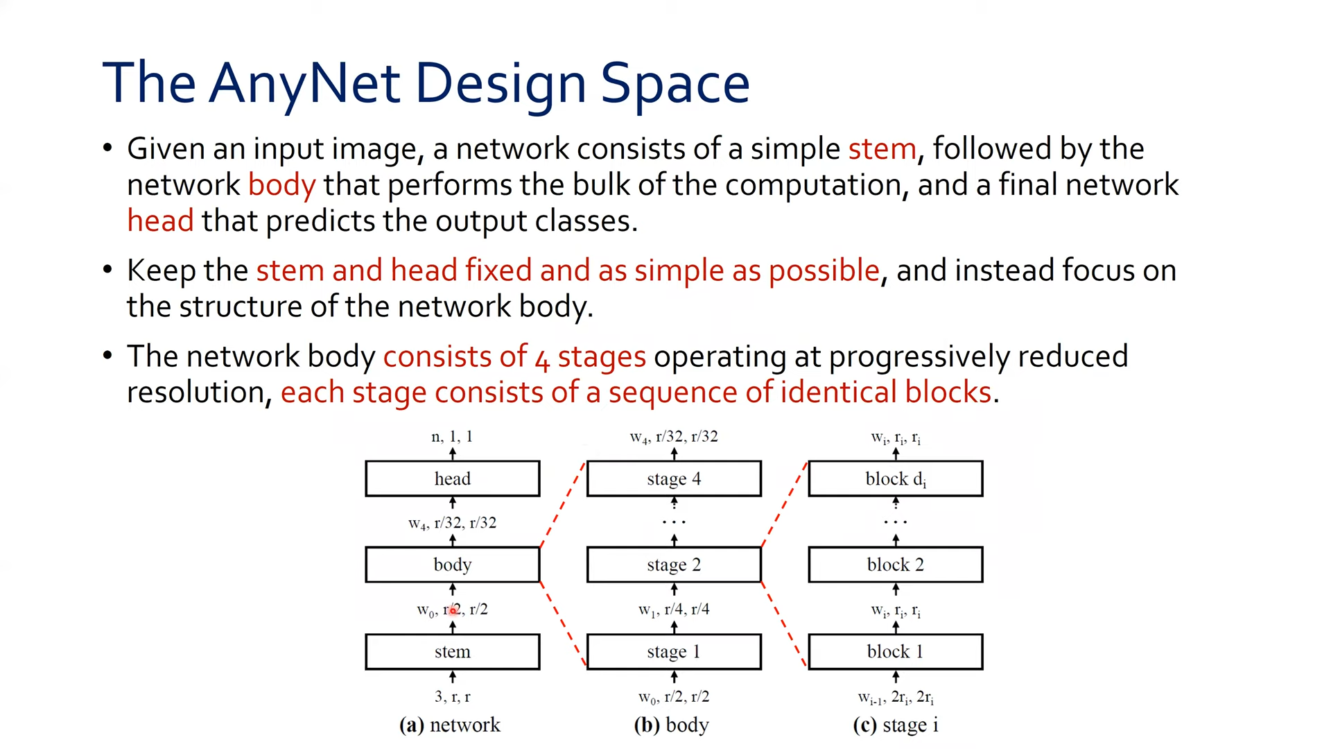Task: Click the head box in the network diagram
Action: (x=452, y=479)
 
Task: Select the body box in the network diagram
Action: (x=452, y=565)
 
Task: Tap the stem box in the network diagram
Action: (x=452, y=652)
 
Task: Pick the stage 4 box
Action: (x=674, y=479)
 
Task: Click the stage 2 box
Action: (x=674, y=565)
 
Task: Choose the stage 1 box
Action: (x=674, y=652)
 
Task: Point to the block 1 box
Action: (x=895, y=652)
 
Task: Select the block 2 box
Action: (x=895, y=565)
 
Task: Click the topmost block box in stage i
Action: (x=895, y=479)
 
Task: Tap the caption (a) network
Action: (x=449, y=725)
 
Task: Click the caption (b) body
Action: (x=671, y=725)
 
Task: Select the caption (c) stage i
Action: (x=895, y=725)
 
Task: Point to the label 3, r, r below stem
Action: (x=452, y=696)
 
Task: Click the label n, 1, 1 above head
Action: (x=452, y=436)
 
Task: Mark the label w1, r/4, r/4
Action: (x=674, y=610)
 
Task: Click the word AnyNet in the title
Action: (x=304, y=83)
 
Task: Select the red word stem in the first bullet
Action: (x=882, y=149)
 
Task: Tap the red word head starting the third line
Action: (x=160, y=221)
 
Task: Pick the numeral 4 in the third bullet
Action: (x=542, y=359)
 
